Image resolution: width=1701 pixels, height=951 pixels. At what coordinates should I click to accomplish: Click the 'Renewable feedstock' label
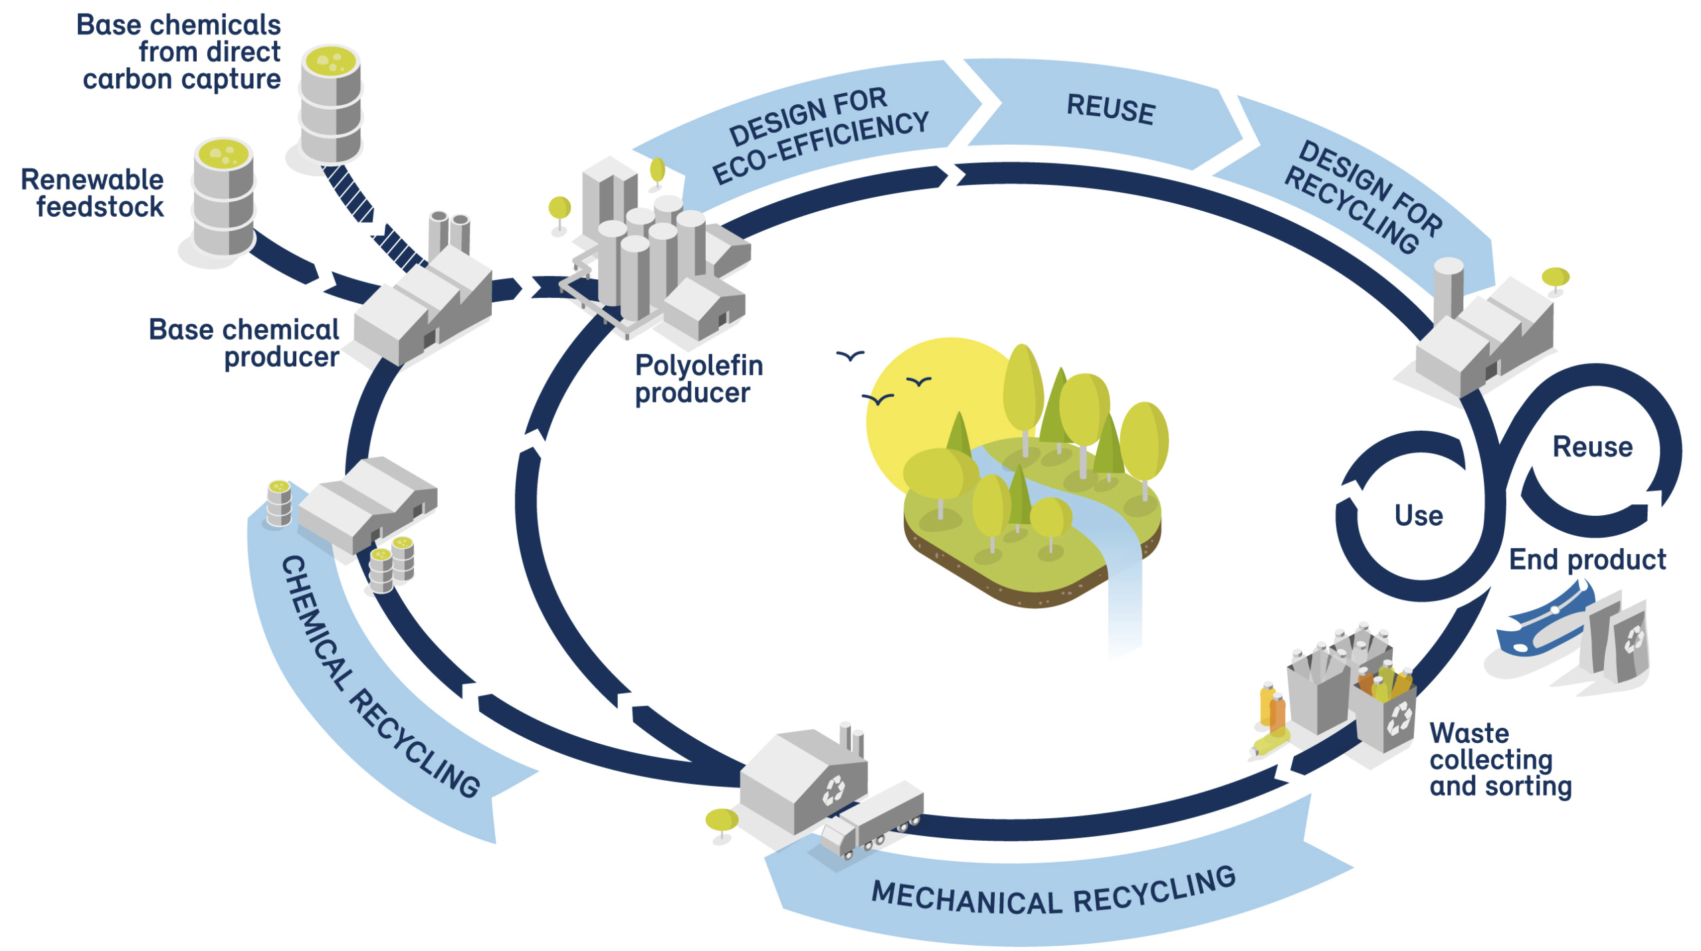pos(93,193)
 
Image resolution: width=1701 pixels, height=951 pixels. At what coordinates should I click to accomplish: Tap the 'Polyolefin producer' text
pos(698,378)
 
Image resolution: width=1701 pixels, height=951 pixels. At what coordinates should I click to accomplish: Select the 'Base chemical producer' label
pos(245,343)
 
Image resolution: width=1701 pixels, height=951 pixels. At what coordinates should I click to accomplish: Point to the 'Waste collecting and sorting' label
pos(1500,760)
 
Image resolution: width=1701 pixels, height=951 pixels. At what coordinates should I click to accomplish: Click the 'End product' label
pos(1587,560)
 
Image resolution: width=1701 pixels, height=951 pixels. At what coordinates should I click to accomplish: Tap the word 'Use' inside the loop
pos(1418,516)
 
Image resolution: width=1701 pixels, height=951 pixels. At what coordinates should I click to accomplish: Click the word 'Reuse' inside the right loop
pos(1592,447)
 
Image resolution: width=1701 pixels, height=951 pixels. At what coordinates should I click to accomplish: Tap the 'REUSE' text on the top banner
pos(1110,109)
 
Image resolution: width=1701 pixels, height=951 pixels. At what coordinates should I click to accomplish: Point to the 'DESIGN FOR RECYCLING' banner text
pos(1362,197)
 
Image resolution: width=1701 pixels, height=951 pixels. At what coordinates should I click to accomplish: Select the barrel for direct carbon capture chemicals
pos(330,103)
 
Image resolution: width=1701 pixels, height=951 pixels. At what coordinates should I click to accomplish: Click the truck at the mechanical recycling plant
pos(870,821)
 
